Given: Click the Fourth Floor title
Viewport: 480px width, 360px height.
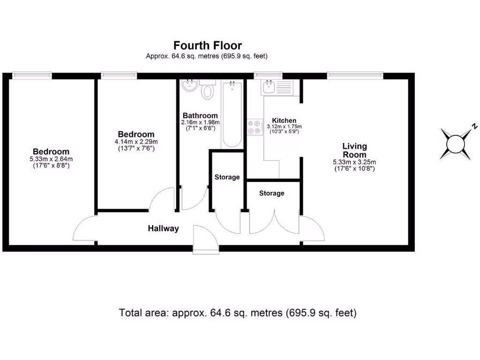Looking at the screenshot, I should pos(208,45).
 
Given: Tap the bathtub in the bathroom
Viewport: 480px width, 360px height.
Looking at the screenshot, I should pos(232,114).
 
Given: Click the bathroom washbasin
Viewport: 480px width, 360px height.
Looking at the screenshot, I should pos(190,86).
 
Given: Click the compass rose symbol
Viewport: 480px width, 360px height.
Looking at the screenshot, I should pos(455,144).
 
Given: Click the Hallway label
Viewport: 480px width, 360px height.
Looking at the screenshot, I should pos(164,229).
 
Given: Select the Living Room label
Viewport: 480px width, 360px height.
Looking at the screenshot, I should pos(354,150).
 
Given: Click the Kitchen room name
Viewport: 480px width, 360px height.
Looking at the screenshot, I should pos(284,120).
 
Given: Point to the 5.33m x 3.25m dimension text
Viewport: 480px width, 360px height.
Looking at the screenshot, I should pos(354,162).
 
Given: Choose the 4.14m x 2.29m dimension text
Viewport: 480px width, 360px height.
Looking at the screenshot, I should pos(136,142).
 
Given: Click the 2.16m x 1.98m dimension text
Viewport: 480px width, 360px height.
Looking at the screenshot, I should pos(200,122).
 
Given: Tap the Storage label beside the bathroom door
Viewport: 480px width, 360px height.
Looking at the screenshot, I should pos(227,177).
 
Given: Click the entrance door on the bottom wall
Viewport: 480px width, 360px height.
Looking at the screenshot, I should pos(205,239).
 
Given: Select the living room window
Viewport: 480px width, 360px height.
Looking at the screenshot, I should pos(355,75).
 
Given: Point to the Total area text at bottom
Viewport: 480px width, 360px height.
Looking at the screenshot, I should pos(238,313).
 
